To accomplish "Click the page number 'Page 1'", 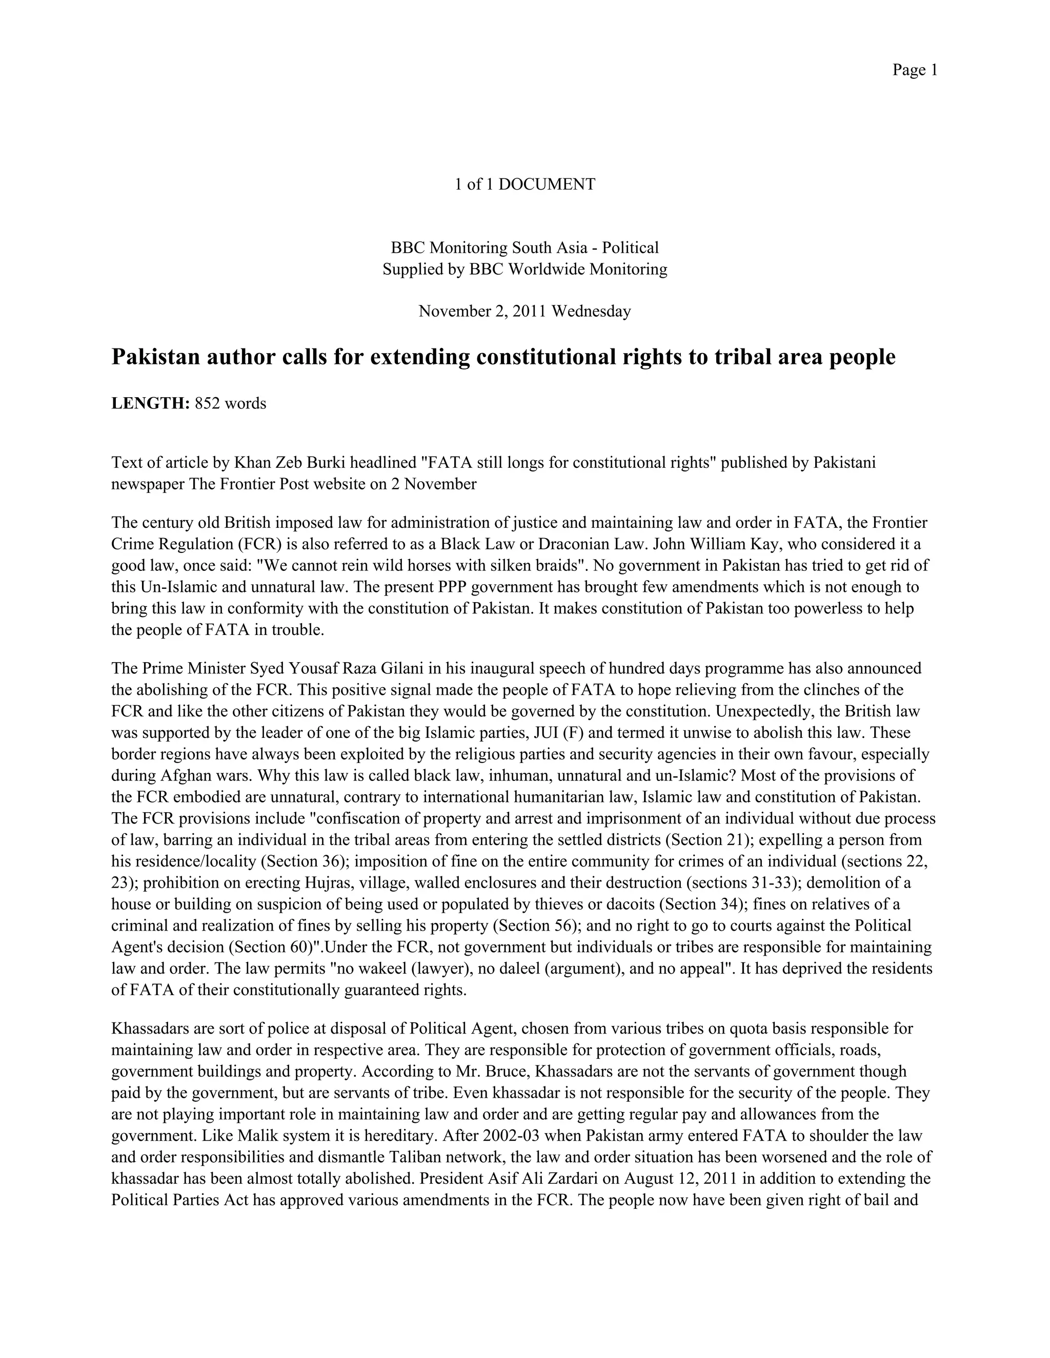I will click(x=915, y=70).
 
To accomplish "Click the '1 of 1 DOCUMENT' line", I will click(x=525, y=184).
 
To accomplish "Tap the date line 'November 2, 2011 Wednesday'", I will click(x=525, y=312).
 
